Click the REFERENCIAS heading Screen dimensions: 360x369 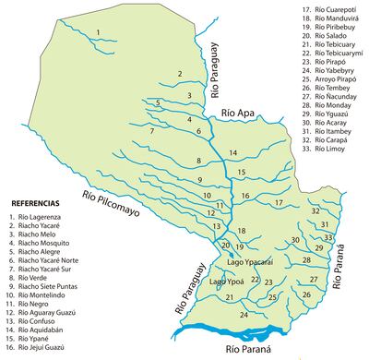click(34, 201)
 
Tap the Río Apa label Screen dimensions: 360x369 click(237, 114)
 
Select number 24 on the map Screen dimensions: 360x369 click(243, 315)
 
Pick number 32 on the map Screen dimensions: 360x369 click(315, 211)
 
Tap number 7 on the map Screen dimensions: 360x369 click(150, 132)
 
